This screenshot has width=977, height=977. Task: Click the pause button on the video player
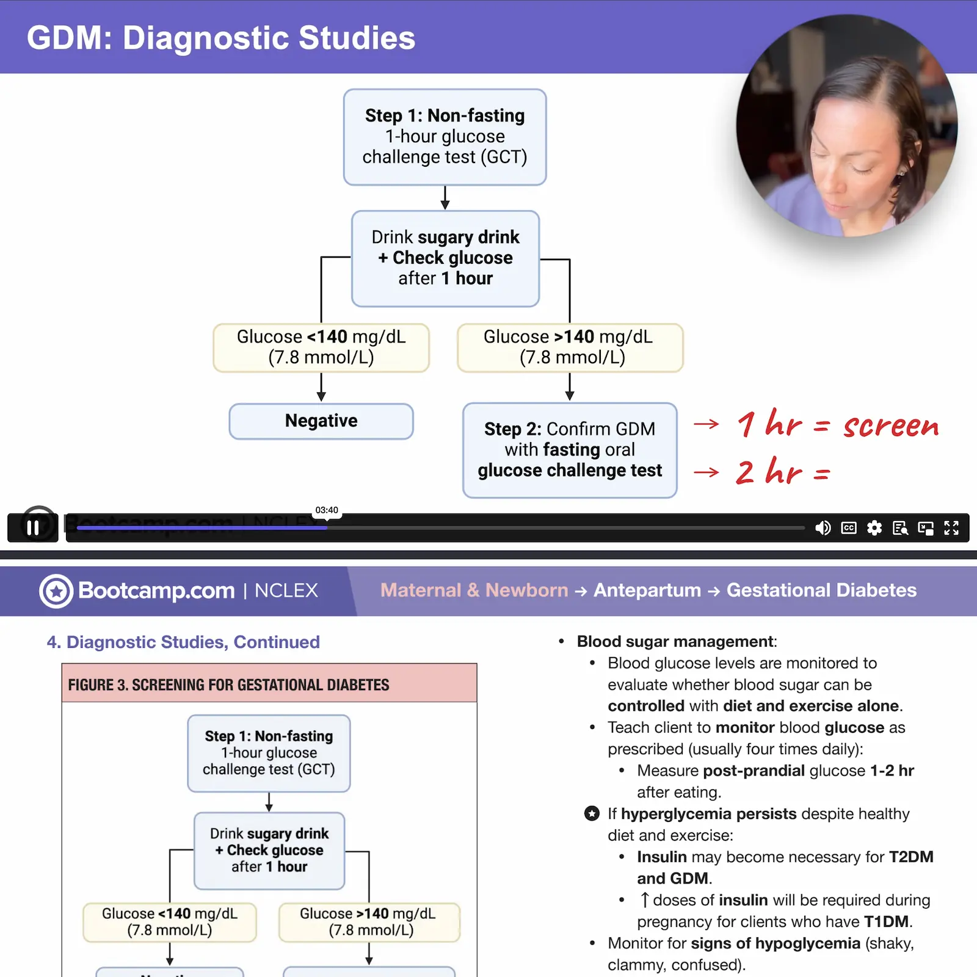[33, 527]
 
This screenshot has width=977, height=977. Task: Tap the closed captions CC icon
[849, 528]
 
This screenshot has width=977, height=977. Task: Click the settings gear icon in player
[874, 528]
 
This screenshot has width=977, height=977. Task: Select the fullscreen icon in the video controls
[951, 528]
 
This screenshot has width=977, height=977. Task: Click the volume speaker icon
[823, 528]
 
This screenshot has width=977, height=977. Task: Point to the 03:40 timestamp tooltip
[327, 510]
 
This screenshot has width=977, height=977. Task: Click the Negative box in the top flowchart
[321, 421]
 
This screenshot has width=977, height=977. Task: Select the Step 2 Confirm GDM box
[570, 450]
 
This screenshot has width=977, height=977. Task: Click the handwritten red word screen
[891, 426]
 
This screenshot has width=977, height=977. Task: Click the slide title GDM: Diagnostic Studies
[221, 38]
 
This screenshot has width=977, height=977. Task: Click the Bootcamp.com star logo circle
[56, 591]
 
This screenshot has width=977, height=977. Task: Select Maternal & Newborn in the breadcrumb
[474, 590]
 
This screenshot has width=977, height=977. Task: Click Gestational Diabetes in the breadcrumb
[821, 590]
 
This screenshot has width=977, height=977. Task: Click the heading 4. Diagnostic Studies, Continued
[183, 642]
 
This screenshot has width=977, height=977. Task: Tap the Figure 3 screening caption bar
[269, 685]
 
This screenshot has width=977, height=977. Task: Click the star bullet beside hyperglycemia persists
[592, 814]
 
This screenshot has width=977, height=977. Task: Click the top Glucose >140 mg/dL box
[570, 347]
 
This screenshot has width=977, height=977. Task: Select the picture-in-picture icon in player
[926, 528]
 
